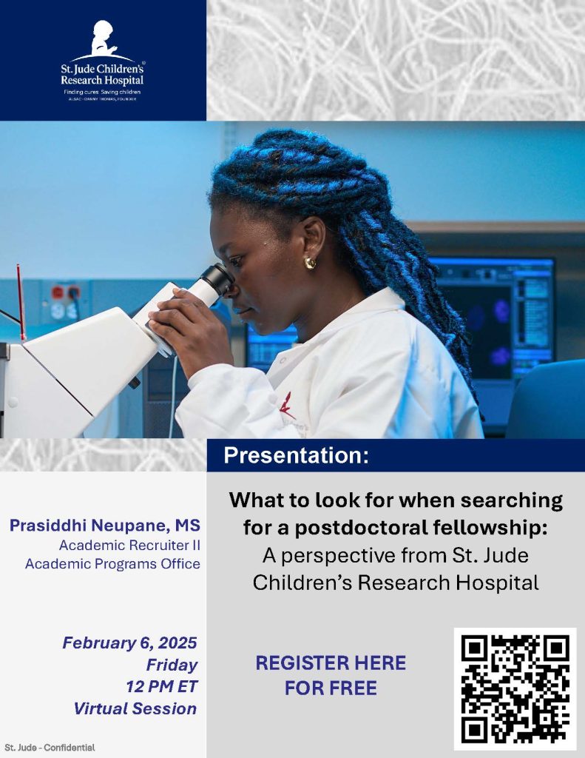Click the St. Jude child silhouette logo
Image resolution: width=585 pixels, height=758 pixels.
(x=103, y=40)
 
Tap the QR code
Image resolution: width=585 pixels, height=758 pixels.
(x=515, y=688)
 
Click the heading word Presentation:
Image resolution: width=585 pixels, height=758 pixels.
(x=296, y=455)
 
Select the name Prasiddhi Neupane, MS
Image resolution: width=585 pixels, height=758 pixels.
(x=104, y=526)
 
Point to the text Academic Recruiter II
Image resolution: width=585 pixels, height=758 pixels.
(x=129, y=546)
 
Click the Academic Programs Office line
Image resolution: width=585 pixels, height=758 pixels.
(x=112, y=564)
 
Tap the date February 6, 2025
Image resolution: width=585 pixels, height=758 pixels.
(x=129, y=643)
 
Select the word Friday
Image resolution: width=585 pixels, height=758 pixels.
(x=172, y=664)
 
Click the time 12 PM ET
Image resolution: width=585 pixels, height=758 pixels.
(x=161, y=686)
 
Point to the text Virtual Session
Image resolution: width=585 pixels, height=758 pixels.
(x=135, y=708)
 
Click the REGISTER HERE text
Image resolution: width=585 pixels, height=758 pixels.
(x=331, y=663)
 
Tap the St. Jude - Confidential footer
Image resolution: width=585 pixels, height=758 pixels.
(x=50, y=748)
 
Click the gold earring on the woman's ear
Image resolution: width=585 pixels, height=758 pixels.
(x=310, y=263)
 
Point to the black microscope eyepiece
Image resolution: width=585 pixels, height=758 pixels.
(x=218, y=279)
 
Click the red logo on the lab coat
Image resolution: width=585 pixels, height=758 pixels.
(x=285, y=405)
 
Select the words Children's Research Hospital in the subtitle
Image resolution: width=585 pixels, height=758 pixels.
(x=396, y=583)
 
